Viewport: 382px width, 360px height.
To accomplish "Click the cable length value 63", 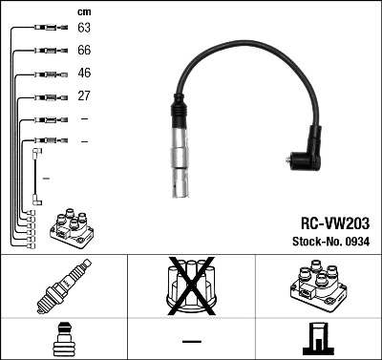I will coord(84,30).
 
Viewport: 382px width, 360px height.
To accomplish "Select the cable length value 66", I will coord(84,52).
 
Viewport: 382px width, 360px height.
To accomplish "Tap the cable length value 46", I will coord(84,74).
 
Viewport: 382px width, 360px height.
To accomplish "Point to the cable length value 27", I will coord(84,96).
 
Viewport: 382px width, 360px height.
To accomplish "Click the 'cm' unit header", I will coord(84,11).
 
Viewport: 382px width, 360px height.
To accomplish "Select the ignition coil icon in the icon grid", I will coord(317,285).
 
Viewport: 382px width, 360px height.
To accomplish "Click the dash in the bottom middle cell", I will coord(191,339).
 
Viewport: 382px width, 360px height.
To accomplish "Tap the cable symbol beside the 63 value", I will coord(43,30).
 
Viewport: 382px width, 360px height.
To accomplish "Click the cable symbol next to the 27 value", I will coord(43,96).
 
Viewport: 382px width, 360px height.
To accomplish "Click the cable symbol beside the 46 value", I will coord(43,74).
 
